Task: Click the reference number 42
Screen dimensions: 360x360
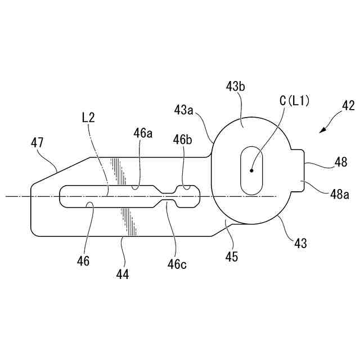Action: pos(348,105)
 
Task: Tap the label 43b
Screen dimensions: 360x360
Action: pos(236,87)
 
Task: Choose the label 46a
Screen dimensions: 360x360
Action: pos(143,133)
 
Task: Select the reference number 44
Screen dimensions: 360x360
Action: pos(123,274)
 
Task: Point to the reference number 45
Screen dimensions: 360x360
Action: pos(231,257)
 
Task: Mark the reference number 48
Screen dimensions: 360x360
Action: pos(341,162)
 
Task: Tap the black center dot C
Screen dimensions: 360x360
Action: pos(252,170)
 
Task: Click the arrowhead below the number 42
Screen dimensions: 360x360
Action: pos(322,131)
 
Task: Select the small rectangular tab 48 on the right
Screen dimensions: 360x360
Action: pos(298,171)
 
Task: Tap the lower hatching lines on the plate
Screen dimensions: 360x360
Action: pos(129,221)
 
